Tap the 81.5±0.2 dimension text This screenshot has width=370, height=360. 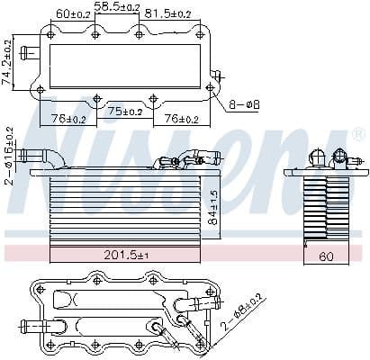pyautogui.click(x=169, y=13)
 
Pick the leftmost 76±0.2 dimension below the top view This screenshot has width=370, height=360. pyautogui.click(x=68, y=118)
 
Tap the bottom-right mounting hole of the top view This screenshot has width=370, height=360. pyautogui.click(x=210, y=88)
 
